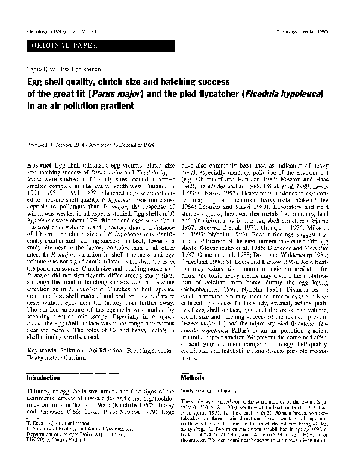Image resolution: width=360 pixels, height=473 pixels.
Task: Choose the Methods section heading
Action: (193, 378)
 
